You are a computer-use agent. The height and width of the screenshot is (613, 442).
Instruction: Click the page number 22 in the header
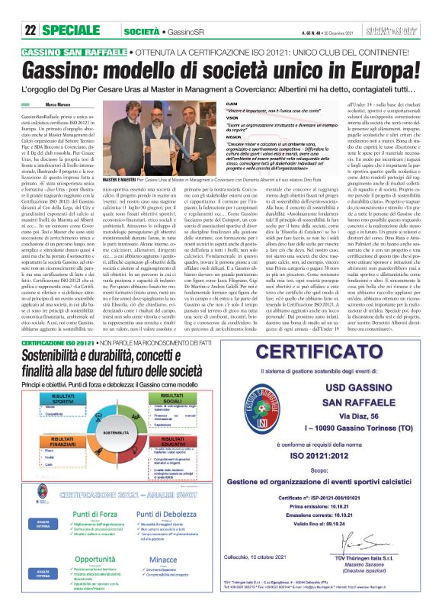point(31,10)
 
